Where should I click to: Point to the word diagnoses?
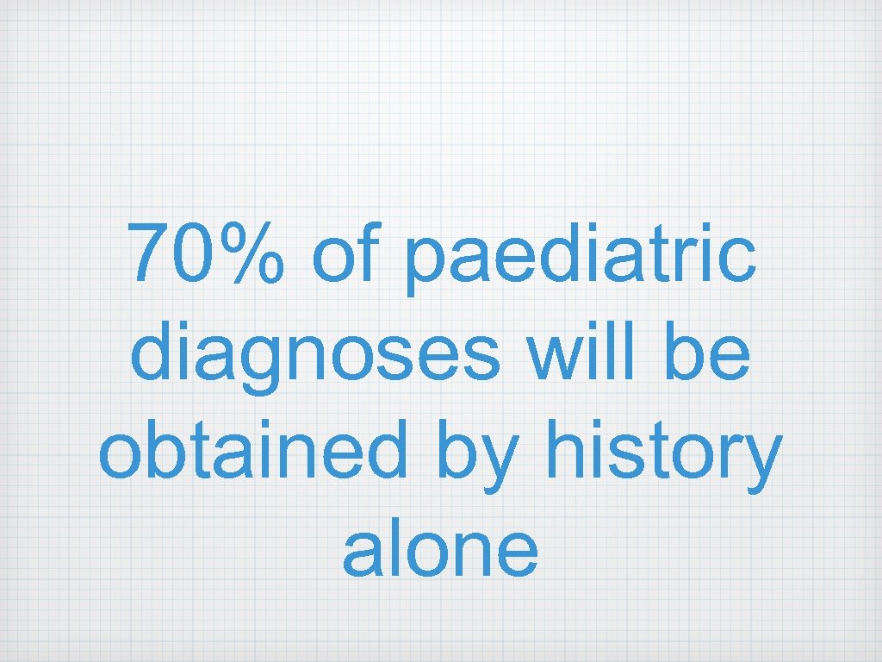(315, 355)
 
